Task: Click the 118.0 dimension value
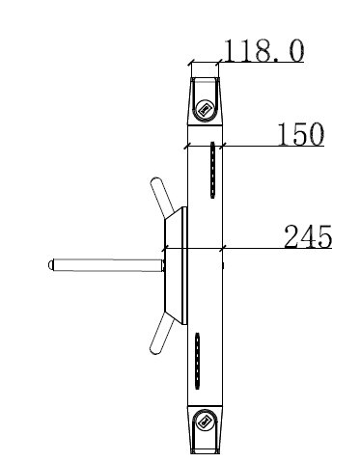tap(263, 50)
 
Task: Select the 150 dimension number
tap(301, 134)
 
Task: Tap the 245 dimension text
tap(308, 236)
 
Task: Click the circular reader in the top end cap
tap(205, 110)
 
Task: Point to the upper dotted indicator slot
tap(212, 170)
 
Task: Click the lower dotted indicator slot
tap(198, 361)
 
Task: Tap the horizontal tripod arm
tap(106, 265)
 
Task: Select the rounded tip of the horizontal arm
tap(50, 265)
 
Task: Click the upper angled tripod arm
tap(162, 196)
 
